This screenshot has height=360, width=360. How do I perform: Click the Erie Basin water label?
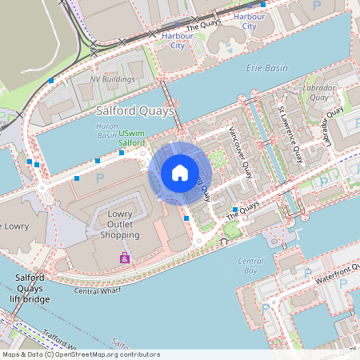coord(267,69)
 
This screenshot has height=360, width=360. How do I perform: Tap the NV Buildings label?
coord(112,80)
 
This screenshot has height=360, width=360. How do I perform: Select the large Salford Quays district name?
coord(134,111)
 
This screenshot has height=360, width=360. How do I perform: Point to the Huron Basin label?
coord(106,131)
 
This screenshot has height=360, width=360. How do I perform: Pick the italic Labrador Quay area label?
coord(316,92)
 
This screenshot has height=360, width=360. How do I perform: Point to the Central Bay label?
coord(250,266)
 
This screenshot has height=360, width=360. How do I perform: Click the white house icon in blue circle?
coord(180,172)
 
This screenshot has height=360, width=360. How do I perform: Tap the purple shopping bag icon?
coord(125,258)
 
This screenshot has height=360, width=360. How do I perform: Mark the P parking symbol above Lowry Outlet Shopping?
coord(100,179)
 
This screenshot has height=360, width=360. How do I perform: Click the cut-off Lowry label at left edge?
coord(14,226)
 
